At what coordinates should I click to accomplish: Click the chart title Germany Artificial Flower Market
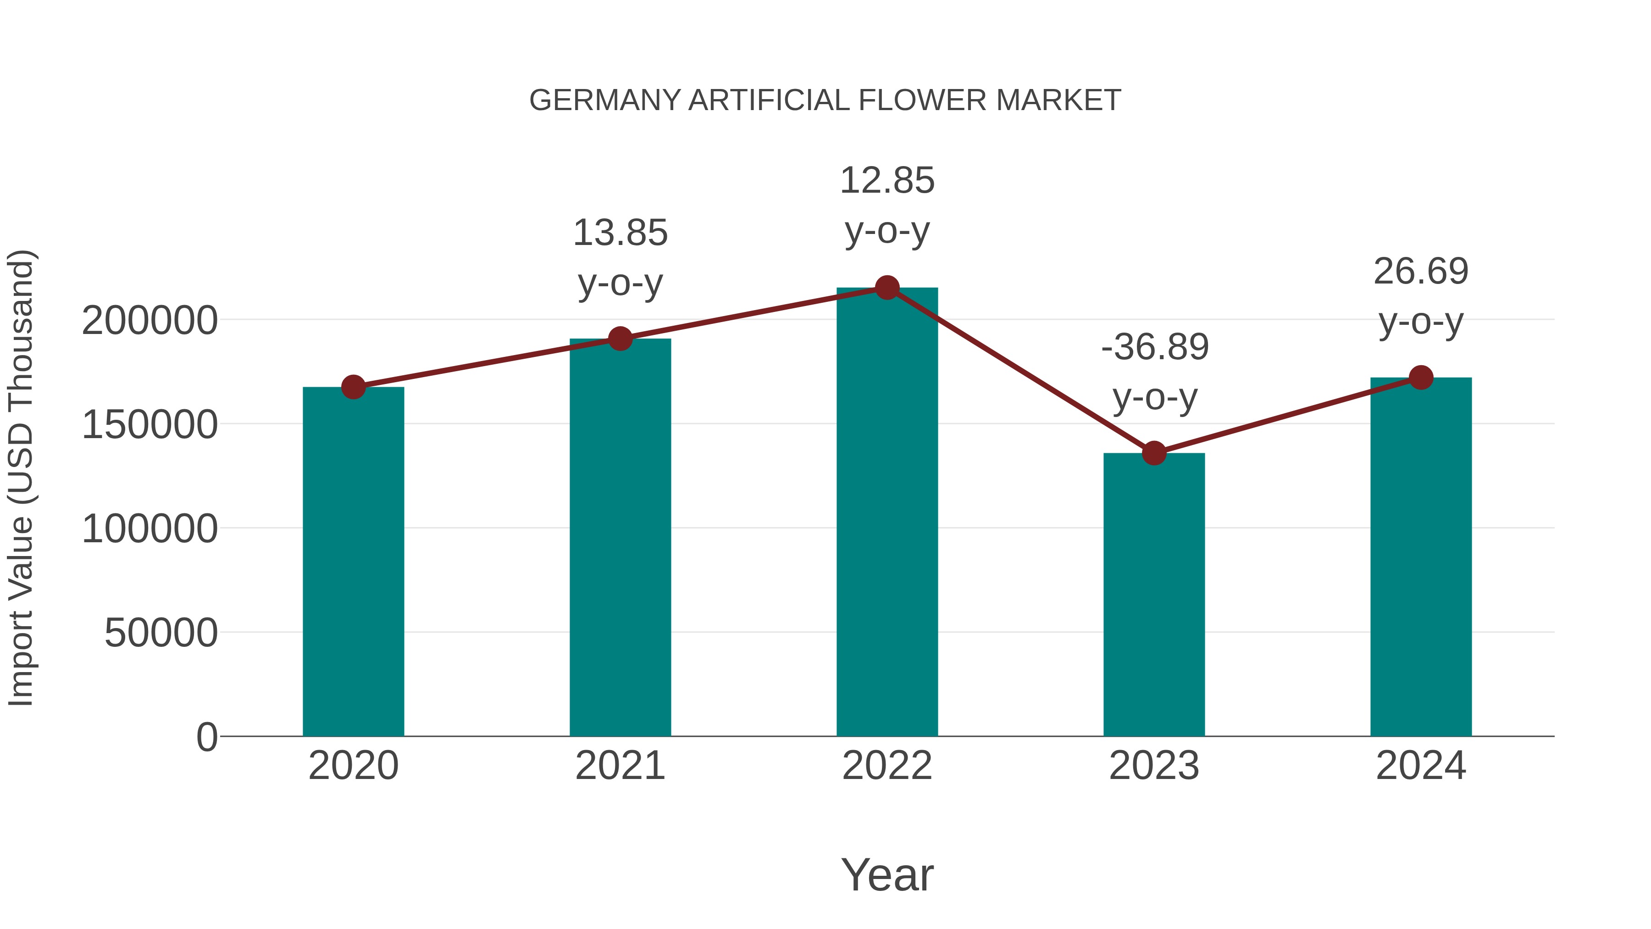(x=825, y=100)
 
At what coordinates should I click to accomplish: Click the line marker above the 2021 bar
(x=621, y=339)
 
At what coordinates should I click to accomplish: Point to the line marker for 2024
(x=1421, y=378)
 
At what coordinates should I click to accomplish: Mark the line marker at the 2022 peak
(x=887, y=288)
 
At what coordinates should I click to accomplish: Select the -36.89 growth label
(x=1154, y=347)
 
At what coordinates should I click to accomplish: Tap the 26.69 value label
(x=1420, y=271)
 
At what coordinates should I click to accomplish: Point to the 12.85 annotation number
(x=887, y=181)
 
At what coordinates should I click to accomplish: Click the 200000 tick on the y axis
(x=150, y=321)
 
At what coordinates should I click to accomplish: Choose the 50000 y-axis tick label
(x=161, y=634)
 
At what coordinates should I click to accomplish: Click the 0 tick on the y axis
(x=207, y=737)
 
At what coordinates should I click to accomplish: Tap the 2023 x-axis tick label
(x=1154, y=766)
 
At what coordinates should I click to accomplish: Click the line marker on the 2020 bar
(x=353, y=387)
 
